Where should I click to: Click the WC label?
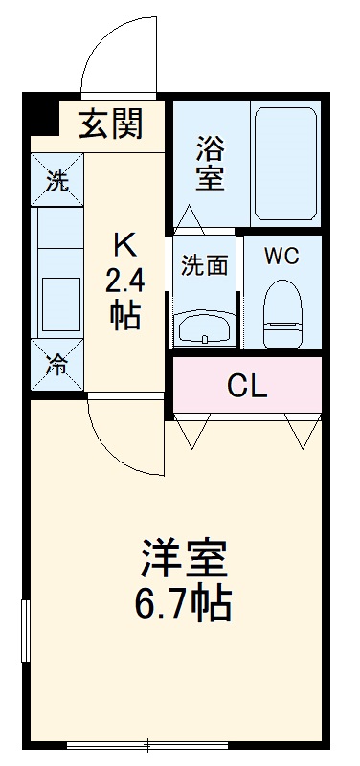[281, 257]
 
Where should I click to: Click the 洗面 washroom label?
[205, 265]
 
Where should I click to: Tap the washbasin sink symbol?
[205, 328]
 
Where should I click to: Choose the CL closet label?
[247, 387]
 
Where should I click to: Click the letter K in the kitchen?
[125, 245]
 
